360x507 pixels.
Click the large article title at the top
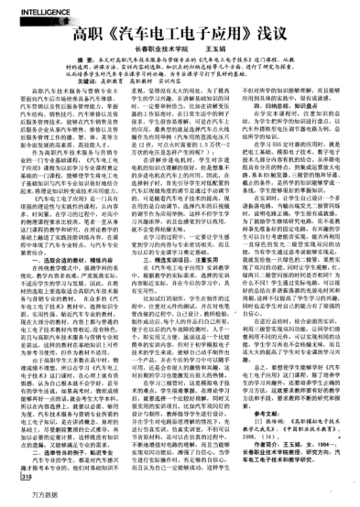point(180,31)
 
